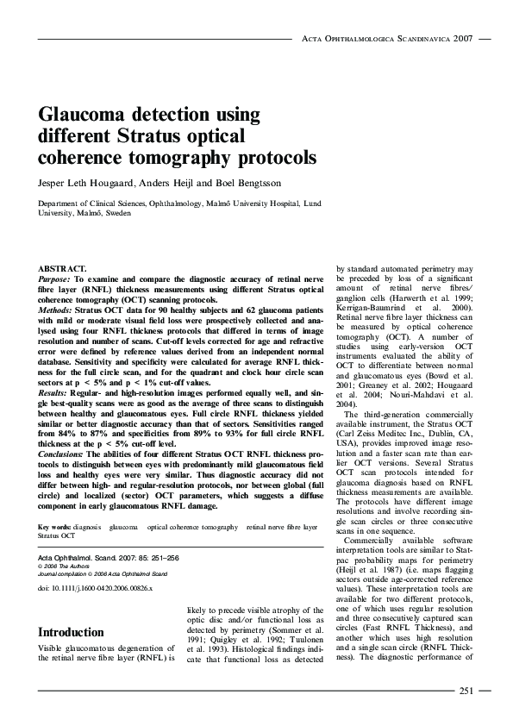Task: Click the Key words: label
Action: (x=53, y=526)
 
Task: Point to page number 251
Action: (x=466, y=690)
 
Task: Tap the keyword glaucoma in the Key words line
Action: (x=124, y=526)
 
